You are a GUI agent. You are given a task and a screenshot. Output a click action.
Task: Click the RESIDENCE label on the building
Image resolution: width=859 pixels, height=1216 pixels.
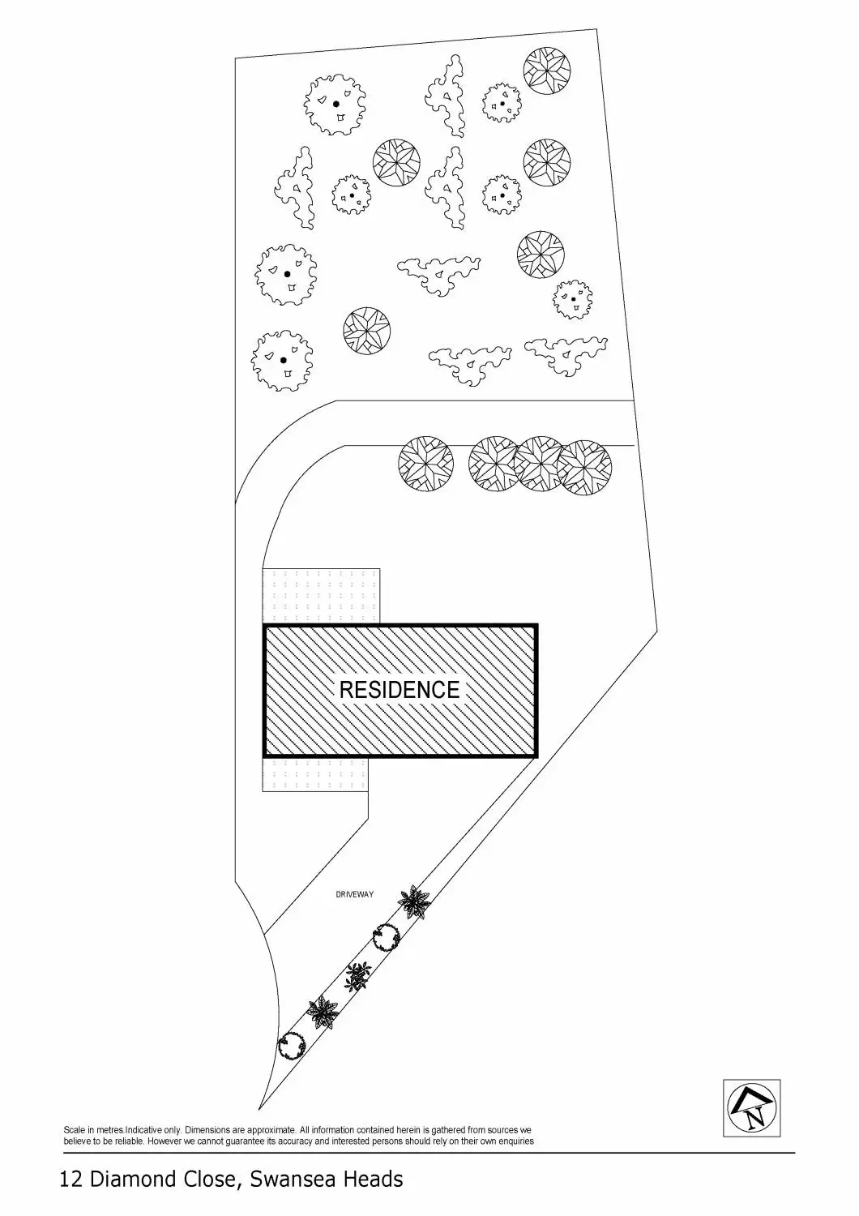coord(399,690)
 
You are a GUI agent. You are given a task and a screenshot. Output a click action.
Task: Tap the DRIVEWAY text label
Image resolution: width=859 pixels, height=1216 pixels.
coord(355,895)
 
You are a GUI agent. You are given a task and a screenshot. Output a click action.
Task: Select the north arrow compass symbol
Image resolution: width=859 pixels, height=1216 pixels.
coord(751,1108)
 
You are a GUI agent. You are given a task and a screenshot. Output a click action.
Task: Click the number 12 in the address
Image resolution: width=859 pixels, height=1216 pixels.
coord(71,1179)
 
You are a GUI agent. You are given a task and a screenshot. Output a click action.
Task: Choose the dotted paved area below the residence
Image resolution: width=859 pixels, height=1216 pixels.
coord(315,774)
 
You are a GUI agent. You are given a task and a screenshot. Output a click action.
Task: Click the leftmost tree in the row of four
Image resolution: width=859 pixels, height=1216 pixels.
coord(426,465)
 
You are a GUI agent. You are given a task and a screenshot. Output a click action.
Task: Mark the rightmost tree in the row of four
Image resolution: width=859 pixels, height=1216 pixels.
coord(585,468)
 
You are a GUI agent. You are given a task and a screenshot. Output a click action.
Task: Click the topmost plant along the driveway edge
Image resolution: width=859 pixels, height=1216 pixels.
coord(415,901)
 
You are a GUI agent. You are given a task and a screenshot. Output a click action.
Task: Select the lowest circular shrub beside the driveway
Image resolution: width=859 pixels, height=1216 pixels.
coord(292,1046)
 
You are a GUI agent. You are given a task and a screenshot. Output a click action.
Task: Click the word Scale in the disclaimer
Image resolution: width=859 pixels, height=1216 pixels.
coord(73,1129)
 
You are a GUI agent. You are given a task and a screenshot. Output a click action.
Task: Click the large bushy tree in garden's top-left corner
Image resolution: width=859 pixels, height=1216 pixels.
coord(335,105)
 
